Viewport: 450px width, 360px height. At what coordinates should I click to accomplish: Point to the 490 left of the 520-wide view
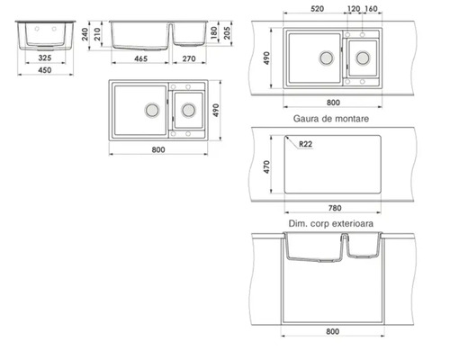coord(267,58)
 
